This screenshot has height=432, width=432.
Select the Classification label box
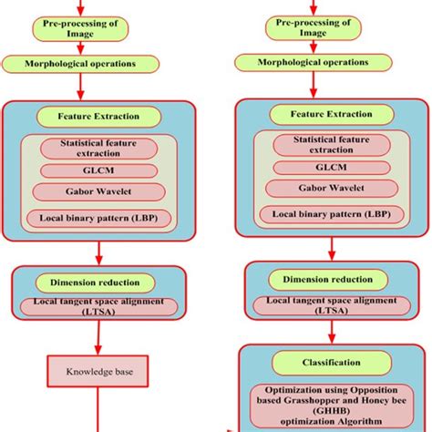325,362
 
